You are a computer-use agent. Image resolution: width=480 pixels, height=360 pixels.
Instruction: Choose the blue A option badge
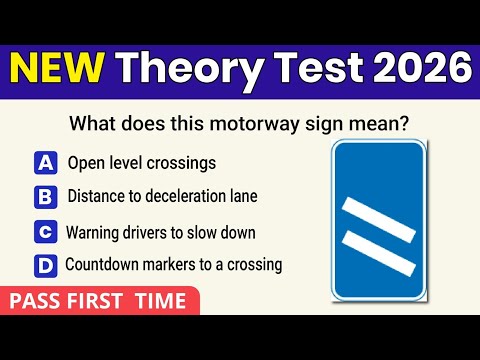tap(45, 162)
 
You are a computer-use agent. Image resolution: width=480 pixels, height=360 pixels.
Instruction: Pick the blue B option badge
tap(45, 197)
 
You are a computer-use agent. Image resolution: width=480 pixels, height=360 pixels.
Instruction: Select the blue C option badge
tap(45, 232)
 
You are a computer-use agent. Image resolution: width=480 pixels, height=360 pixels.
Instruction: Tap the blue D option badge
tap(45, 266)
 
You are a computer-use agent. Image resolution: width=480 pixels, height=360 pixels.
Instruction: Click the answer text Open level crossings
tap(142, 162)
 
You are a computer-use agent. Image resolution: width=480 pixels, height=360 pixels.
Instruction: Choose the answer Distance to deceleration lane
tap(162, 196)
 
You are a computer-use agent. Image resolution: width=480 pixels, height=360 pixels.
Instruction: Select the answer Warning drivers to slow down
tap(161, 232)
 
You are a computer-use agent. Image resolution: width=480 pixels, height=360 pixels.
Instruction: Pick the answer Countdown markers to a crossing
tap(173, 265)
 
